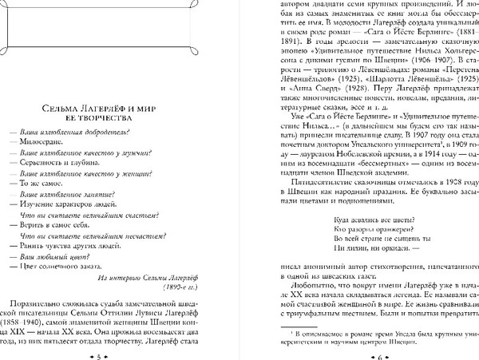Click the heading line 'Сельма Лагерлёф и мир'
(x=121, y=106)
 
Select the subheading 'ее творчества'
(x=121, y=117)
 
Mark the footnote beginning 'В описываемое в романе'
(x=367, y=330)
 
